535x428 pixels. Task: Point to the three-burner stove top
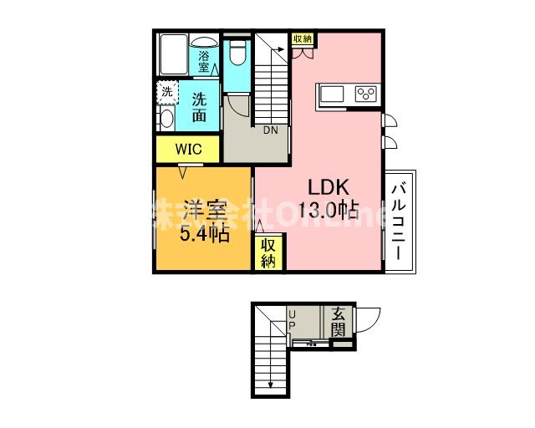click(x=366, y=93)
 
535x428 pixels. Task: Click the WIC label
click(x=186, y=150)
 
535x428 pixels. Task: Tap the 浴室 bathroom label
click(x=204, y=62)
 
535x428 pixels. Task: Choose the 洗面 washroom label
click(x=200, y=107)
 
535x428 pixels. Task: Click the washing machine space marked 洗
click(x=167, y=91)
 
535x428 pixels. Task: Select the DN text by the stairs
click(x=272, y=130)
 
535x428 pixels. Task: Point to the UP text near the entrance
click(x=293, y=320)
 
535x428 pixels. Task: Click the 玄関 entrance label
click(x=338, y=322)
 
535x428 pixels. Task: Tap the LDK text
click(x=330, y=186)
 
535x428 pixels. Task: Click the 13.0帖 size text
click(x=332, y=208)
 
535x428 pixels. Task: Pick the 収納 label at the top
click(x=302, y=38)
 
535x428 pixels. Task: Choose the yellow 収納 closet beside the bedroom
click(x=267, y=253)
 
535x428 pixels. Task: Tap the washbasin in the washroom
click(x=166, y=118)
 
